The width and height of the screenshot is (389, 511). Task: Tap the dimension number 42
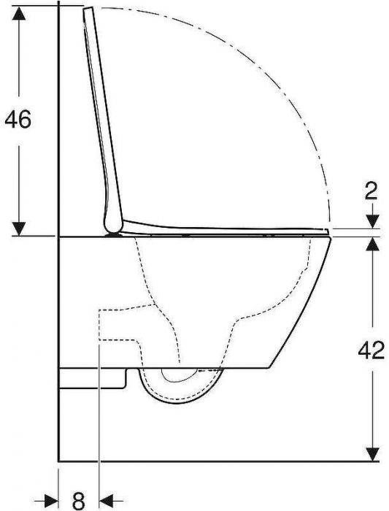click(371, 350)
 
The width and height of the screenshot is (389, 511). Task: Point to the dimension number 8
click(78, 501)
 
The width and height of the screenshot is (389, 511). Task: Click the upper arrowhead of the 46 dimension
click(19, 14)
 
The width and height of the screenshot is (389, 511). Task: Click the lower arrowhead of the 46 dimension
click(19, 228)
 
